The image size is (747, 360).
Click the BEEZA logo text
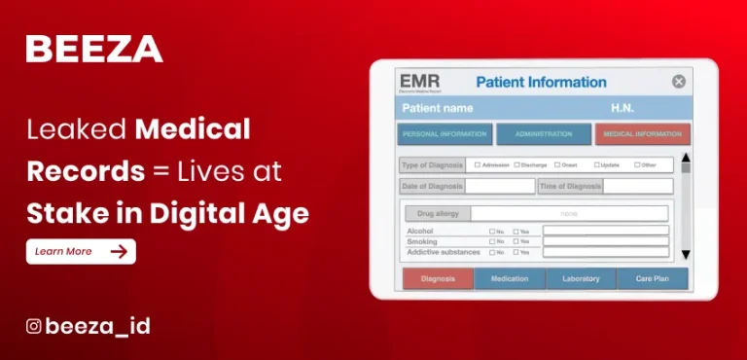94,49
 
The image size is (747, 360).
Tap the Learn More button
81,251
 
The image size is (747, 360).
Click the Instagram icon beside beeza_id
33,327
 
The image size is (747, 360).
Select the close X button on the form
679,83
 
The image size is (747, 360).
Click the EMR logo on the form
419,82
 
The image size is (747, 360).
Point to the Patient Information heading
541,83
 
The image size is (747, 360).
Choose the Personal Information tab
444,134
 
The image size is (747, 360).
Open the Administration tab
543,134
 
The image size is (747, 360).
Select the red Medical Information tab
642,134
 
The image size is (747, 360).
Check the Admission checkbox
478,164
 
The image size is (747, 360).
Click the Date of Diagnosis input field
499,186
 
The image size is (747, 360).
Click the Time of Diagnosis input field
637,186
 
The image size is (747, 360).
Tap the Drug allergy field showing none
569,213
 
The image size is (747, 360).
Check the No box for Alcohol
492,232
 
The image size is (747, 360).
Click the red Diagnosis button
438,279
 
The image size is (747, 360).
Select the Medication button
510,279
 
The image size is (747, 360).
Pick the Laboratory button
581,279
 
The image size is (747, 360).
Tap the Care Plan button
652,279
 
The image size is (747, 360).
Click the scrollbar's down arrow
685,254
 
